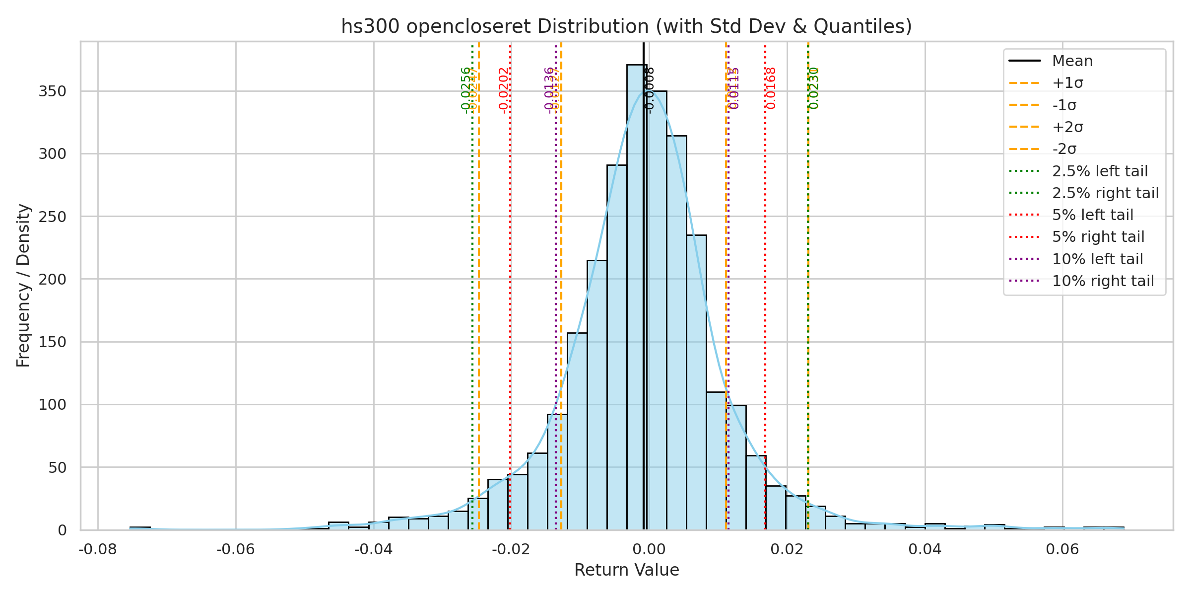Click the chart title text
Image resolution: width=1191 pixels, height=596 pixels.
click(x=626, y=26)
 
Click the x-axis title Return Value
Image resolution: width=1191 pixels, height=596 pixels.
click(x=626, y=570)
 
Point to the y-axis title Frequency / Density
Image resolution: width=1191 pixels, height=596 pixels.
click(x=23, y=286)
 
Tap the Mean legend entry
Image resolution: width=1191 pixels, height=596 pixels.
click(x=1072, y=61)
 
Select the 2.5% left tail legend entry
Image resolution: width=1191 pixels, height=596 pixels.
click(x=1100, y=171)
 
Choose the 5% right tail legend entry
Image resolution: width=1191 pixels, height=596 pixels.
click(x=1098, y=237)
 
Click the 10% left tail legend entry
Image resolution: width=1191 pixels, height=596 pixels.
click(x=1097, y=259)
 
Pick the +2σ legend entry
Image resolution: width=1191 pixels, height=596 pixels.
click(x=1067, y=127)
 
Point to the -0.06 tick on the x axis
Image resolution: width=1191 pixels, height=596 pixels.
click(x=236, y=549)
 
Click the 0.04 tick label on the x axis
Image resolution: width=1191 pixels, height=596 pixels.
click(x=925, y=549)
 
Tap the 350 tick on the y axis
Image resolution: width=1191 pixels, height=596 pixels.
click(x=52, y=91)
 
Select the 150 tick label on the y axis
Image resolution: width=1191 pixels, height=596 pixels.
click(x=52, y=342)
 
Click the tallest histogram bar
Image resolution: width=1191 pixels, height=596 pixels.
click(x=636, y=298)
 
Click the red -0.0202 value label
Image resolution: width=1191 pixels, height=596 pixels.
click(x=504, y=90)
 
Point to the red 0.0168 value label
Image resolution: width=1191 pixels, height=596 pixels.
click(x=771, y=88)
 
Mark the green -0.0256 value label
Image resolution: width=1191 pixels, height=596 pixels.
click(x=465, y=90)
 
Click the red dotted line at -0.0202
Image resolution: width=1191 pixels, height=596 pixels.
click(x=510, y=298)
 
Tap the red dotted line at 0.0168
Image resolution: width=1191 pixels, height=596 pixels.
click(x=765, y=298)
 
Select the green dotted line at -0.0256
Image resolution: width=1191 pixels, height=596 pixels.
click(x=472, y=298)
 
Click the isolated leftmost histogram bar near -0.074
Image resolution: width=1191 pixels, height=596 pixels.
click(x=140, y=528)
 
